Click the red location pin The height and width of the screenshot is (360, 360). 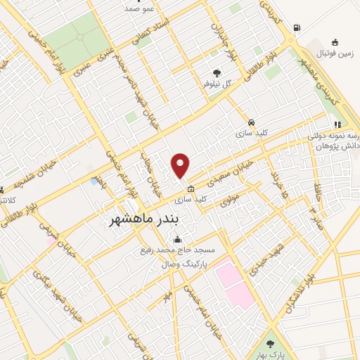click(181, 165)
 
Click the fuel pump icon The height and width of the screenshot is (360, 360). click(297, 28)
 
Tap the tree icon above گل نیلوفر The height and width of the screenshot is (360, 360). click(216, 72)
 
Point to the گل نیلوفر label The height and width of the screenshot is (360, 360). click(217, 84)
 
